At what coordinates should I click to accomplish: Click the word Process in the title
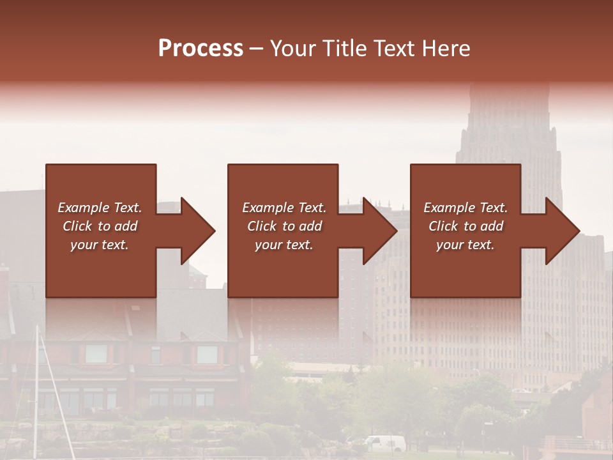coord(201,49)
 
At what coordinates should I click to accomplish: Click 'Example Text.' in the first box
coord(100,208)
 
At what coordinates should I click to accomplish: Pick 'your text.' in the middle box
coord(284,245)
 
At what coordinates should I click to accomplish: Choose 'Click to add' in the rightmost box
coord(466,226)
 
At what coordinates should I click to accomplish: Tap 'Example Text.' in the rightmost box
coord(465,208)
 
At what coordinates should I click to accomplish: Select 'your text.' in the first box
coord(100,245)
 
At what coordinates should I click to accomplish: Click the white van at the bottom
coord(386,443)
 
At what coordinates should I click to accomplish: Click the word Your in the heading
coord(292,49)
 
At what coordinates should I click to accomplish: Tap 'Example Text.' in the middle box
coord(284,208)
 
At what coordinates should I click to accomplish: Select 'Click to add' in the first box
coord(100,226)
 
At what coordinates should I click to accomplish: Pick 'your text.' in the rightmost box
coord(465,245)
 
